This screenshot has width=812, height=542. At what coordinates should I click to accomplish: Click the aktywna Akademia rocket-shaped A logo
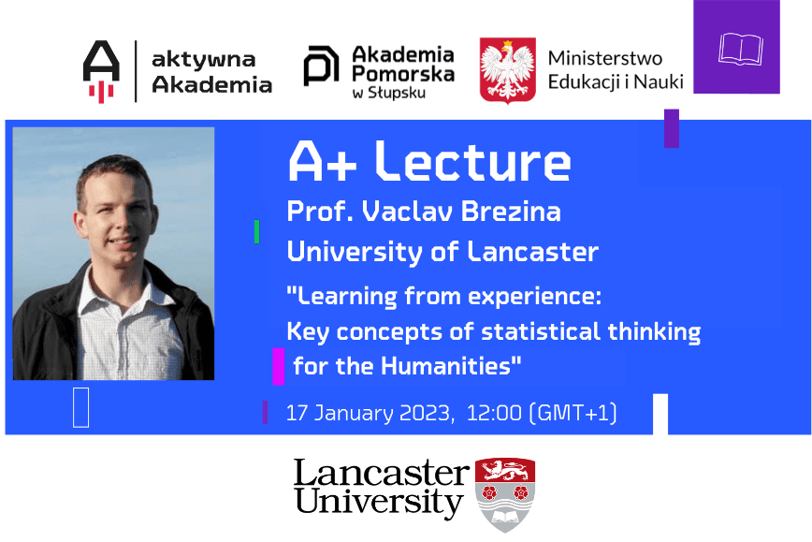coord(101,71)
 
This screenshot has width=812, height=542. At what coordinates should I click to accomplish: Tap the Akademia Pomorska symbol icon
coord(321,68)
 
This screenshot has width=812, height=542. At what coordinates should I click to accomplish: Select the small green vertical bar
coord(256,231)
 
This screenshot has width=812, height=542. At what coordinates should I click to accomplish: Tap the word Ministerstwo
coord(605,58)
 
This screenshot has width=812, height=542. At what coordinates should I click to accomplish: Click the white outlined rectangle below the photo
coord(80,407)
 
